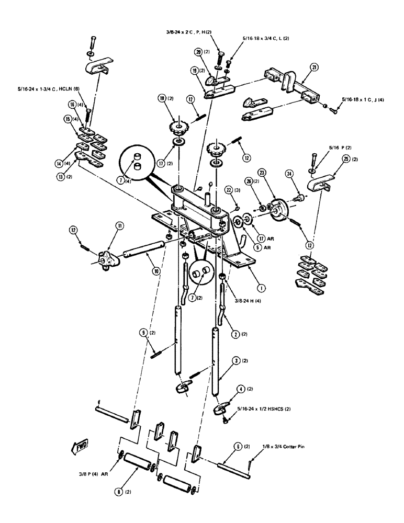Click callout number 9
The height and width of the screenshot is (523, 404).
tap(142, 332)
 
